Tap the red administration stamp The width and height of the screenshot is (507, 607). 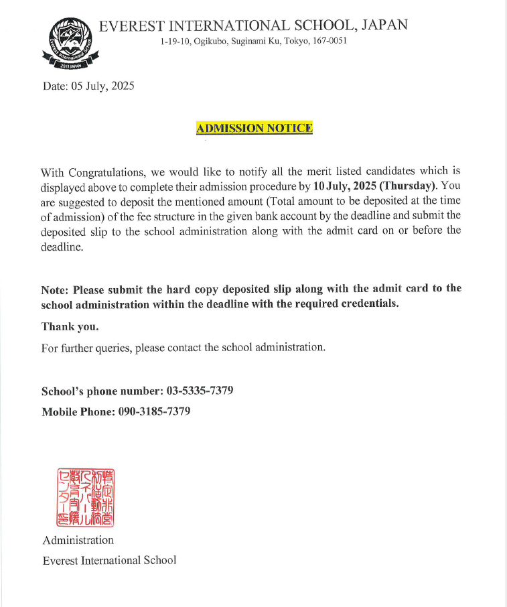click(84, 496)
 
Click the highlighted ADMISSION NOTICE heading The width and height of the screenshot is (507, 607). click(255, 127)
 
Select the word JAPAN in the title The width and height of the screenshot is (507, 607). click(384, 25)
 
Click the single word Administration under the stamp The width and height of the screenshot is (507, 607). click(78, 540)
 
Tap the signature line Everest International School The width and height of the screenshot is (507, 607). click(109, 560)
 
